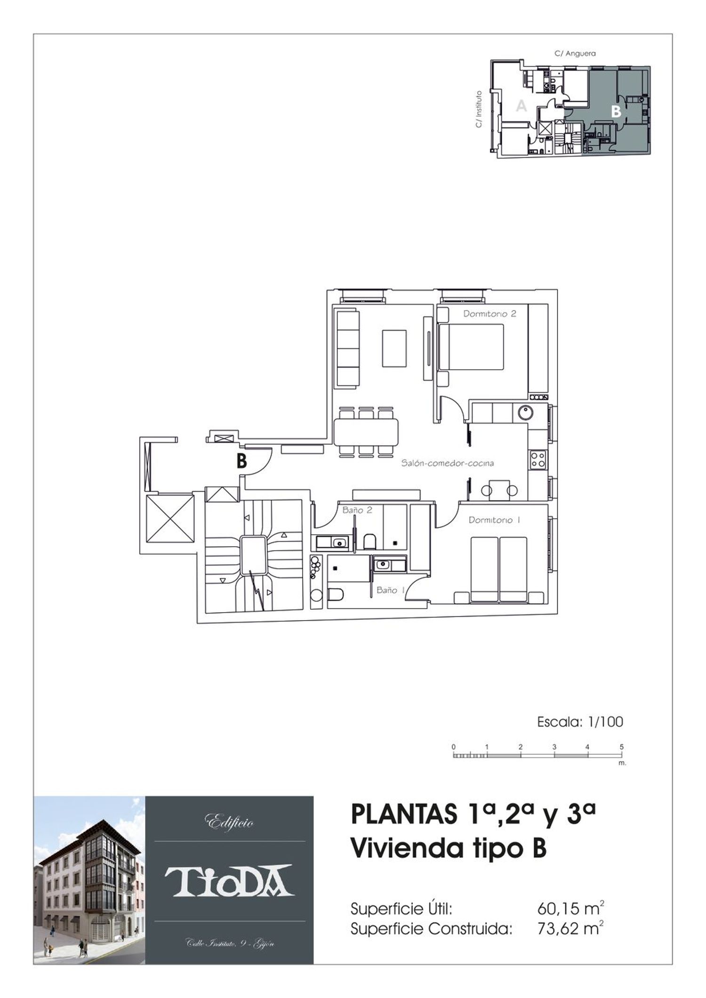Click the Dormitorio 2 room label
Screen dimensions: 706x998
489,314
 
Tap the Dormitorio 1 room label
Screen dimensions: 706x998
494,520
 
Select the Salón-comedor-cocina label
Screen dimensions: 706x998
448,463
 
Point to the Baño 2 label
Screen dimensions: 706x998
357,510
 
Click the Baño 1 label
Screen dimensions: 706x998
390,590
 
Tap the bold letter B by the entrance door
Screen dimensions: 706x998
241,462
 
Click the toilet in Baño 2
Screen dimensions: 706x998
369,541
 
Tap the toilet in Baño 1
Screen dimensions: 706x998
335,595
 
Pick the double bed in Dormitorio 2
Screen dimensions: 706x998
471,347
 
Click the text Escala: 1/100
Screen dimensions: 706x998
580,721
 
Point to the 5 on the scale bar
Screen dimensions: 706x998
622,746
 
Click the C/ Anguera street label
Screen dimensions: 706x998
575,54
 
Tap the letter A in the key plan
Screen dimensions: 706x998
521,106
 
